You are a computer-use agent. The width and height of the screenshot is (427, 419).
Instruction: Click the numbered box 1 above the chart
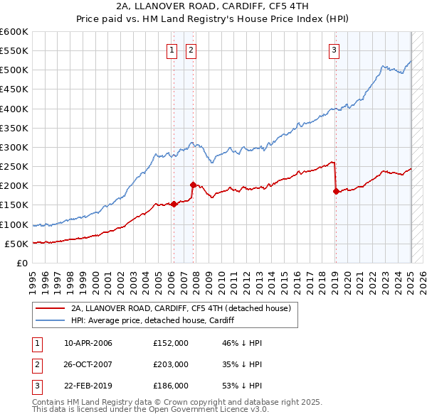pyautogui.click(x=173, y=50)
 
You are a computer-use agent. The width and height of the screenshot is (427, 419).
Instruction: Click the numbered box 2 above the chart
pyautogui.click(x=192, y=50)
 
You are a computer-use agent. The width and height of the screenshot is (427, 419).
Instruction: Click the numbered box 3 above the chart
pyautogui.click(x=334, y=50)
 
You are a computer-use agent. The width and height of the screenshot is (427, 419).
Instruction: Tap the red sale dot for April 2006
pyautogui.click(x=174, y=204)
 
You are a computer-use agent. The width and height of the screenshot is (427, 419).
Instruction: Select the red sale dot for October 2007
pyautogui.click(x=193, y=185)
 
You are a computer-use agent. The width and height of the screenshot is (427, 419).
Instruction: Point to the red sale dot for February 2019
pyautogui.click(x=336, y=191)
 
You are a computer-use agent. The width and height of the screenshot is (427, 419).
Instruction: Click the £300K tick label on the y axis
pyautogui.click(x=14, y=147)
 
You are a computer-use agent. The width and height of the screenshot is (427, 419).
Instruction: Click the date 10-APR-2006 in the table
pyautogui.click(x=88, y=343)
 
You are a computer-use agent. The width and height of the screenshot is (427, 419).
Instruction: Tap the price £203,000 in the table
pyautogui.click(x=171, y=364)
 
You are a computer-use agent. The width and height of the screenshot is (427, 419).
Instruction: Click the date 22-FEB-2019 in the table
pyautogui.click(x=88, y=386)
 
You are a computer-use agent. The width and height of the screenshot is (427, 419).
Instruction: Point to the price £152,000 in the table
pyautogui.click(x=171, y=343)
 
